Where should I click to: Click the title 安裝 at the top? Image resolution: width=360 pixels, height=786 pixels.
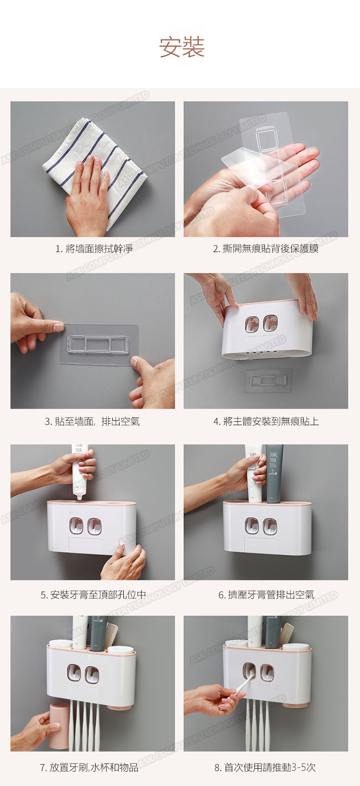(182, 47)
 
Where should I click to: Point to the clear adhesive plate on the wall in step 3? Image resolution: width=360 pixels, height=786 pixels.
(98, 344)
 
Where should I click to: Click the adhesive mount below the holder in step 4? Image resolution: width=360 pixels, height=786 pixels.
(268, 381)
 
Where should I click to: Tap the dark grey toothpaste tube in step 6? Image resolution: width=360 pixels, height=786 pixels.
(274, 473)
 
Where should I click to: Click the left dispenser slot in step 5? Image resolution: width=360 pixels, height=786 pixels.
(76, 525)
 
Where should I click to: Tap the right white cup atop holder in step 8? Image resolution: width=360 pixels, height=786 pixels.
(295, 646)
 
